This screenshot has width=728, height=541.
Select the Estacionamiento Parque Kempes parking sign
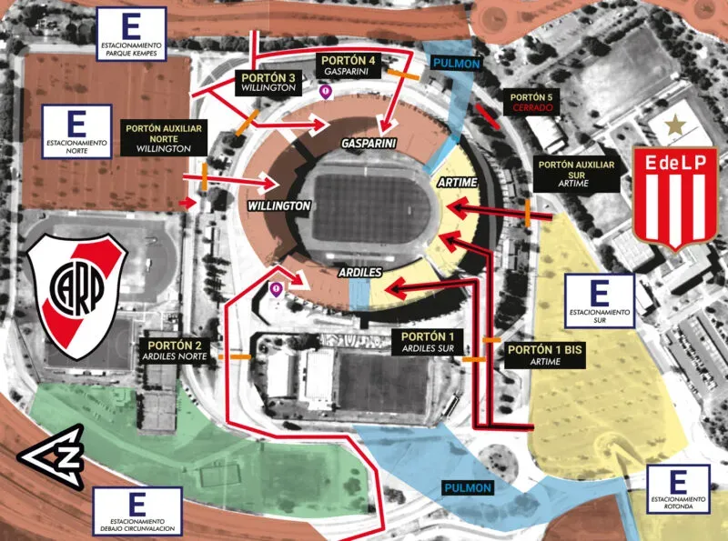pyautogui.click(x=133, y=33)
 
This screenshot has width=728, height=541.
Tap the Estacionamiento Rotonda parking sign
pyautogui.click(x=678, y=491)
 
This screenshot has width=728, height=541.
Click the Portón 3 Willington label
pyautogui.click(x=268, y=83)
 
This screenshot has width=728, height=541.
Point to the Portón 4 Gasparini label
pyautogui.click(x=346, y=64)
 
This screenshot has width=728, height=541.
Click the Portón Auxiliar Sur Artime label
pyautogui.click(x=576, y=174)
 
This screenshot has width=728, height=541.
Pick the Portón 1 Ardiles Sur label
pyautogui.click(x=427, y=342)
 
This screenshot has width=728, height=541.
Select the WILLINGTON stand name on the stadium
pyautogui.click(x=279, y=207)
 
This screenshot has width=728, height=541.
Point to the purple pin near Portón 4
pyautogui.click(x=323, y=91)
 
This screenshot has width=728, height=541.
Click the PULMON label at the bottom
pyautogui.click(x=468, y=488)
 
